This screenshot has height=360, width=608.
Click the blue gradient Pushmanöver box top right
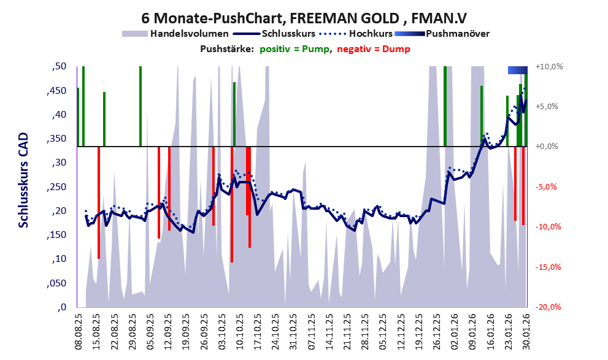click(x=517, y=70)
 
